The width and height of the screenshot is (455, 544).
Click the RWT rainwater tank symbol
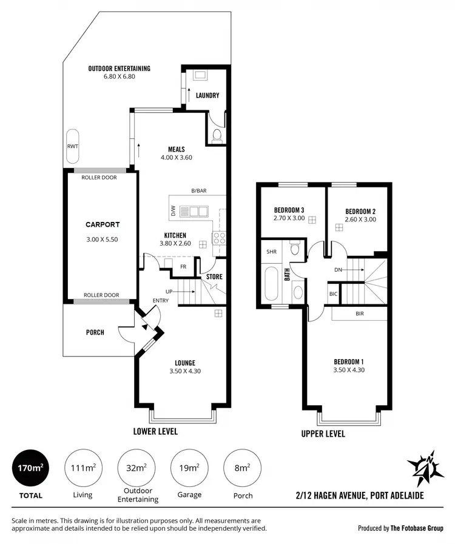73,146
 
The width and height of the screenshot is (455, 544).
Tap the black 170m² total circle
29,468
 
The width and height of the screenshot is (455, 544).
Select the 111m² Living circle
83,468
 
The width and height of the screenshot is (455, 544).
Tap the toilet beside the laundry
217,135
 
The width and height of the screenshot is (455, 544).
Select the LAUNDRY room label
207,96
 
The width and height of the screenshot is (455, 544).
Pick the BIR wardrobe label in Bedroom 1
359,315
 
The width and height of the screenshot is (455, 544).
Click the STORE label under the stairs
214,277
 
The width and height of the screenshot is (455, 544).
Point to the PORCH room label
95,332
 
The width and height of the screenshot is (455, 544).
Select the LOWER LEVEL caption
155,431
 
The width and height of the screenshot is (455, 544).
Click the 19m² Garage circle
189,468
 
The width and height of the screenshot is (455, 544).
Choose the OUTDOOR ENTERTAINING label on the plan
119,69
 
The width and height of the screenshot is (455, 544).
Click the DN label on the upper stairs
339,270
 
